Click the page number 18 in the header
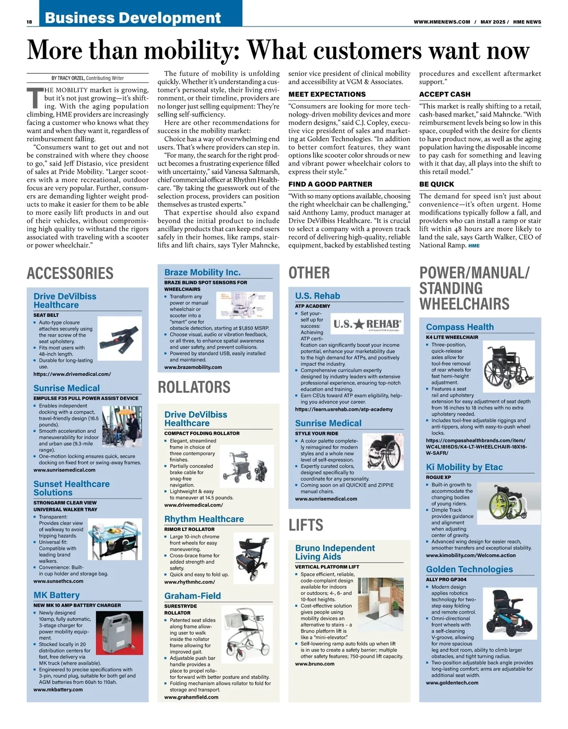[x=29, y=22]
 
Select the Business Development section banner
[x=133, y=18]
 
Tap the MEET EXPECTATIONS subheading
[x=327, y=94]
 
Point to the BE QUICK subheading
[x=436, y=184]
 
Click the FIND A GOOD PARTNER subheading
[x=330, y=184]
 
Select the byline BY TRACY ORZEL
[x=88, y=78]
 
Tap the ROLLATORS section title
[x=194, y=387]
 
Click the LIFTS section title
[x=306, y=525]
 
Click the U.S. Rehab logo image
[x=367, y=324]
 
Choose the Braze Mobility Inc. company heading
[x=203, y=272]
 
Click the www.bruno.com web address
[x=315, y=664]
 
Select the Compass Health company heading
[x=460, y=327]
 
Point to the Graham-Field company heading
[x=193, y=596]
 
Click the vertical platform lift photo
[x=381, y=603]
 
